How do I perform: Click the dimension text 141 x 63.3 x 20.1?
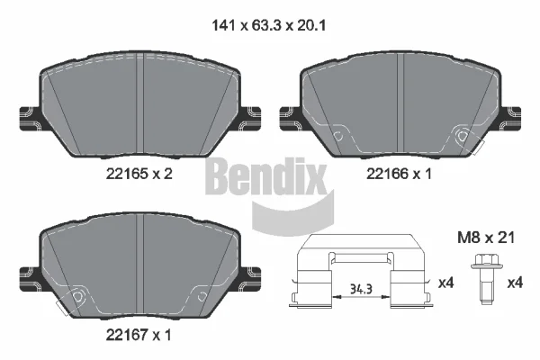[x=268, y=25]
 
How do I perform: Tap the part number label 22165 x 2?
[x=139, y=174]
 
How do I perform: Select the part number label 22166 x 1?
[x=399, y=174]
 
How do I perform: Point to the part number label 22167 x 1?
[x=139, y=335]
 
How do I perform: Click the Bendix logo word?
[x=265, y=176]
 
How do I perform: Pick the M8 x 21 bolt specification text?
[x=486, y=238]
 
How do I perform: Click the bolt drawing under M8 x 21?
[x=486, y=279]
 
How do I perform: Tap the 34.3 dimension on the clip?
[x=361, y=289]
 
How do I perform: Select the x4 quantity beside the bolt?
[x=515, y=283]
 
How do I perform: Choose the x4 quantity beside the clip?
[x=446, y=283]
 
